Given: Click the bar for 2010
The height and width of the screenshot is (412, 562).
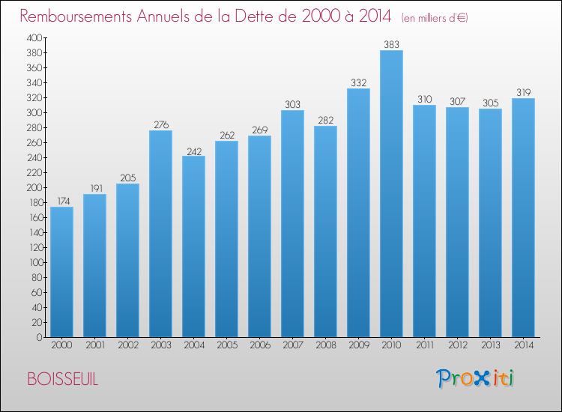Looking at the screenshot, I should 391,194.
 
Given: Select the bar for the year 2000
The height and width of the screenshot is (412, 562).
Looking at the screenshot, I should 61,272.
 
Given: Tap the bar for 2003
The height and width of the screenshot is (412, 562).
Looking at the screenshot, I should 160,234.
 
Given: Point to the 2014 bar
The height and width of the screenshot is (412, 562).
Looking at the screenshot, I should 523,218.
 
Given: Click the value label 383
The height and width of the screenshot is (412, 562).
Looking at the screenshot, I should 391,45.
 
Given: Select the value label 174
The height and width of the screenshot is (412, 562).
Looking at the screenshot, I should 61,202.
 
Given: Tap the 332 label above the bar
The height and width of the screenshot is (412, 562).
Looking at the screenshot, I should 358,83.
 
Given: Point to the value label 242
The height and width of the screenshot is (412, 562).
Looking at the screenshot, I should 193,151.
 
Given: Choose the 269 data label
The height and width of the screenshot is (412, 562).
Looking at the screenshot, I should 259,130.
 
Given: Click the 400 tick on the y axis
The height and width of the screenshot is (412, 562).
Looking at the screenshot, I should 34,37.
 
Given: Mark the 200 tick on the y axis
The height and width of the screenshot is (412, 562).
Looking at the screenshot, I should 34,187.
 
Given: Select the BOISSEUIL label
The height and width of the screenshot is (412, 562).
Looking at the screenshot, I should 62,379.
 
